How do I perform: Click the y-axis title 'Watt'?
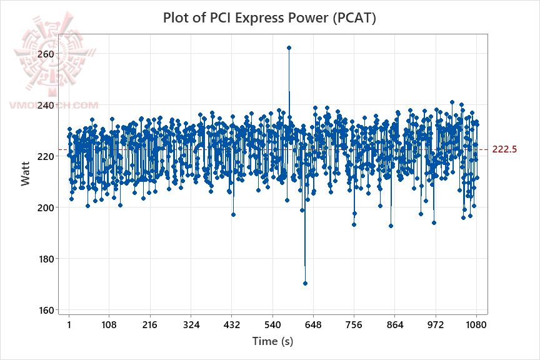tap(25, 173)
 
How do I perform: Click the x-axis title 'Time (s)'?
tap(272, 341)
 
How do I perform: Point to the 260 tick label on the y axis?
tap(46, 54)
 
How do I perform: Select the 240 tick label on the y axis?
tap(46, 105)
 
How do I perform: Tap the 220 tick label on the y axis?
tap(46, 156)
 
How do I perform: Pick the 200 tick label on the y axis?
tap(46, 207)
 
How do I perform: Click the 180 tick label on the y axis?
tap(46, 258)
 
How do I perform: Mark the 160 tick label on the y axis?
tap(46, 309)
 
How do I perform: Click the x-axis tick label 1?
tap(69, 325)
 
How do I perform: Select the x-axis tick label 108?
tap(109, 325)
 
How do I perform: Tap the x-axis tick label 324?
tap(191, 325)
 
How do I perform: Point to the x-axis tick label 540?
tap(272, 325)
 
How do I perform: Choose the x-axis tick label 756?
tap(354, 325)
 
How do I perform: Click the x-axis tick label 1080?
tap(476, 325)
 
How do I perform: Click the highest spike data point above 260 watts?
tap(289, 47)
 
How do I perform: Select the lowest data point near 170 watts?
tap(305, 283)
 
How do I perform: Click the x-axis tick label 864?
tap(394, 325)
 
